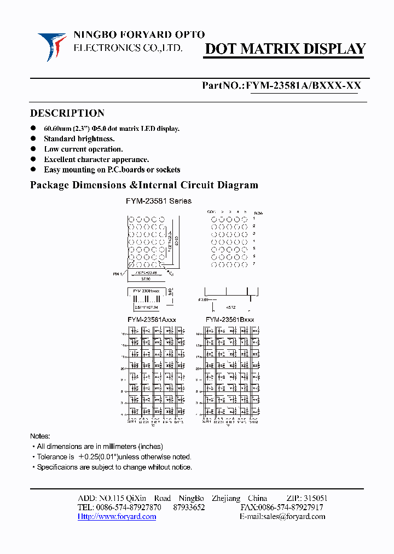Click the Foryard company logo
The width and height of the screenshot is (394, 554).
pyautogui.click(x=52, y=47)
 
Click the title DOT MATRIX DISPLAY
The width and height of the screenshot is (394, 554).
pyautogui.click(x=285, y=49)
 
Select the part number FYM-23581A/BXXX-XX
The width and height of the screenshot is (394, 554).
pyautogui.click(x=303, y=86)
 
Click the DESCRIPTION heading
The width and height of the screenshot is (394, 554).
pyautogui.click(x=67, y=113)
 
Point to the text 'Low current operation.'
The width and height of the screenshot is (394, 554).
pyautogui.click(x=83, y=149)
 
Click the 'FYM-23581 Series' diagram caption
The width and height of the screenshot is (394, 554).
pyautogui.click(x=159, y=201)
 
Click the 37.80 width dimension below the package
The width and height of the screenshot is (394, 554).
pyautogui.click(x=145, y=279)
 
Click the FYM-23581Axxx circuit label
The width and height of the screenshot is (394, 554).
pyautogui.click(x=152, y=319)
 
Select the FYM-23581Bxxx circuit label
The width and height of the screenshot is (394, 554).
pyautogui.click(x=230, y=319)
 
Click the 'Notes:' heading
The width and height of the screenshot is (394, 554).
pyautogui.click(x=40, y=436)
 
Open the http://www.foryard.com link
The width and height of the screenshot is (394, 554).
pyautogui.click(x=117, y=517)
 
